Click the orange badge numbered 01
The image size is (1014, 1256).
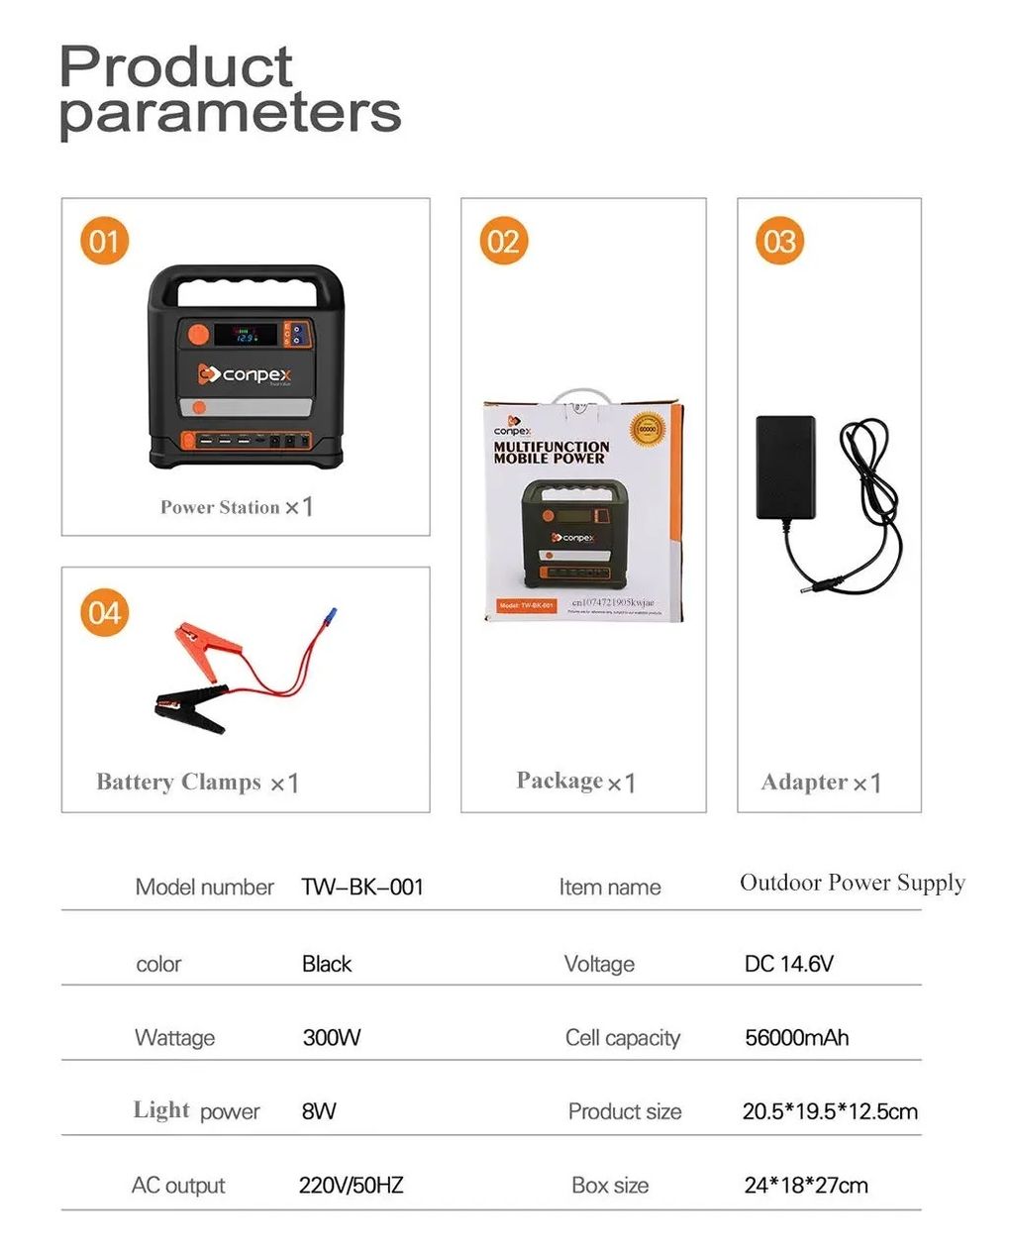(104, 241)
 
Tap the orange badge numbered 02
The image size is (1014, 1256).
(503, 241)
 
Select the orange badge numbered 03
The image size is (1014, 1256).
(779, 241)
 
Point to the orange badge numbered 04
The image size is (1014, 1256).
(104, 612)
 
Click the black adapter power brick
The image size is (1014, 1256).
(785, 467)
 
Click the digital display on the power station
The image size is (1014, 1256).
(245, 335)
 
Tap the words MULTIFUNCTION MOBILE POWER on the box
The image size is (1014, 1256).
(552, 452)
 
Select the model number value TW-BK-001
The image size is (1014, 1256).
(362, 887)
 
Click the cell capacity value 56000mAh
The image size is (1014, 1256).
(796, 1037)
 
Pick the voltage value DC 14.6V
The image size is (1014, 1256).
(788, 963)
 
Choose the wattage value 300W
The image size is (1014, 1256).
(331, 1037)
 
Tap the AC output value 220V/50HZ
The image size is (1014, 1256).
(351, 1185)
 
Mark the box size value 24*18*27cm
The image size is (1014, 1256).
(805, 1185)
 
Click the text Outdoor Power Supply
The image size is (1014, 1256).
(852, 883)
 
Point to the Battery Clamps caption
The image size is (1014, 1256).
(178, 782)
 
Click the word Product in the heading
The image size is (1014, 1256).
(176, 66)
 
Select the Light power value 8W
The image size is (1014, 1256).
(318, 1111)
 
